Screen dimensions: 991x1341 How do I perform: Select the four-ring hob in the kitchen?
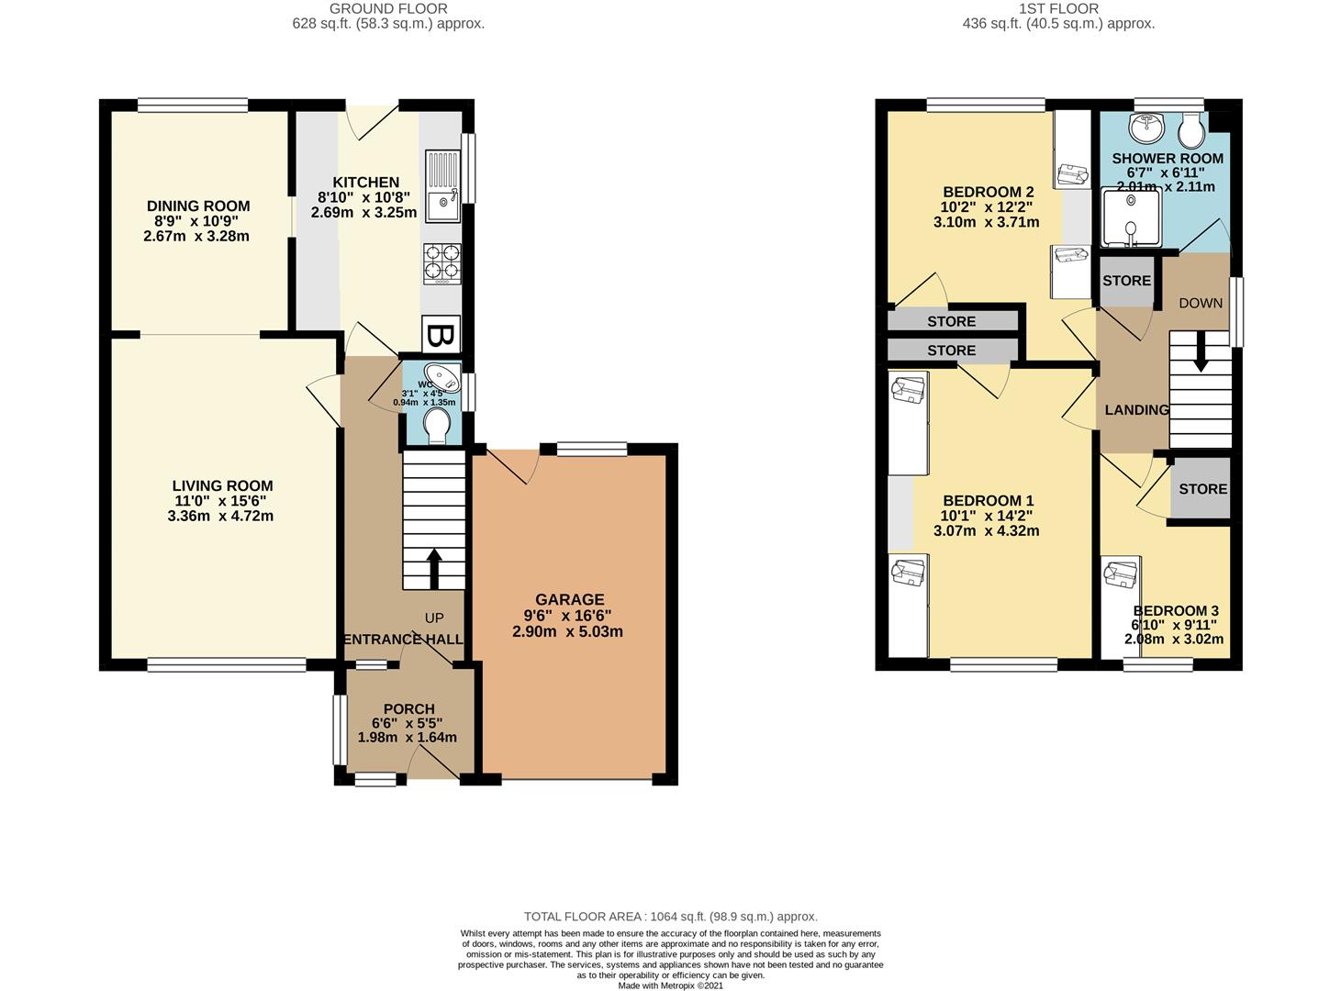[x=441, y=262]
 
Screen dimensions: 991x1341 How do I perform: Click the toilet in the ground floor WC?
[x=437, y=425]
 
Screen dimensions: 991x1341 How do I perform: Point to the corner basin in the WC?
[x=446, y=377]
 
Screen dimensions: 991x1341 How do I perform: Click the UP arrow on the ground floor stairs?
[x=433, y=568]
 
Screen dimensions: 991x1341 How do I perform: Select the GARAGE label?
[x=570, y=600]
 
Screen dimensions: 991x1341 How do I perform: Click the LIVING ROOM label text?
[x=222, y=486]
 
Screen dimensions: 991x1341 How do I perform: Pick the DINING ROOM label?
[x=198, y=206]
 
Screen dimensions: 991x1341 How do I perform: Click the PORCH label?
[x=408, y=708]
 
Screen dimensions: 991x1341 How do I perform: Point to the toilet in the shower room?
[x=1191, y=131]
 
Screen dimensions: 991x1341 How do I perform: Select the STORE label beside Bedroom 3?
[x=1202, y=489]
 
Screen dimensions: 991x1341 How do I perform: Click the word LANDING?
[x=1136, y=410]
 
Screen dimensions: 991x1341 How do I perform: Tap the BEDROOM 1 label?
[x=988, y=501]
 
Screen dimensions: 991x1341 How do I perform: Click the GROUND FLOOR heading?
[x=388, y=9]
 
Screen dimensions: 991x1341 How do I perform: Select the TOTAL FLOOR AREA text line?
[x=670, y=916]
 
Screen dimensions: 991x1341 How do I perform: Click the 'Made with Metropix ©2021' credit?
[x=670, y=985]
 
